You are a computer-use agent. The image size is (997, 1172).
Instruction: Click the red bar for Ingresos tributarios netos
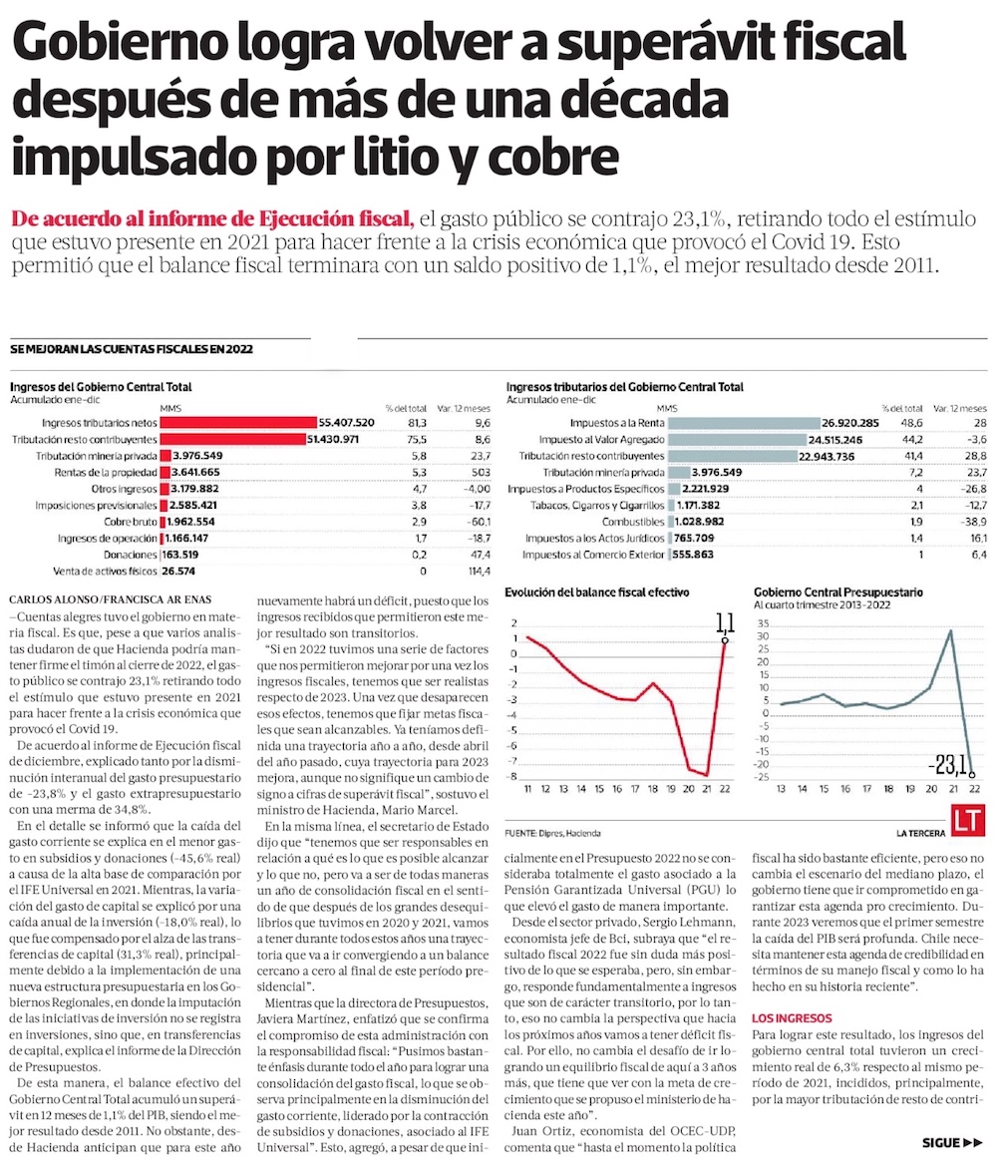click(237, 422)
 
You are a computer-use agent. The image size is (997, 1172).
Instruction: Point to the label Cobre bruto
click(130, 522)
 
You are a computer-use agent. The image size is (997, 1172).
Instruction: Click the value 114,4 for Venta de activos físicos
click(479, 572)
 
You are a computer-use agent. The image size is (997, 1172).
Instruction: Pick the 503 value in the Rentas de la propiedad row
click(481, 472)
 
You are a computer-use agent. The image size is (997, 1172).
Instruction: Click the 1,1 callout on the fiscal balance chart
click(725, 623)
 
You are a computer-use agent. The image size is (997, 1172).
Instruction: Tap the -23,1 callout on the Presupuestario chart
click(948, 765)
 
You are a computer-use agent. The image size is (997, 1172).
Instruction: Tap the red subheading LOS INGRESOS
click(792, 1018)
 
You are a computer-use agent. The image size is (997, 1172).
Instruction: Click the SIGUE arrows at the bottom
click(954, 1143)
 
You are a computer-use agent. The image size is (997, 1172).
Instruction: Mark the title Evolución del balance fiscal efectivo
click(596, 591)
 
